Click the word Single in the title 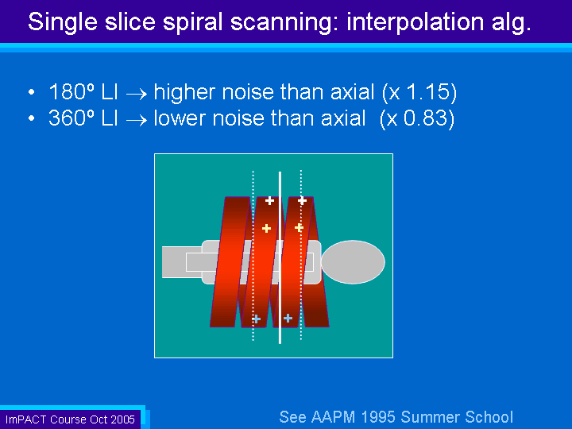(63, 22)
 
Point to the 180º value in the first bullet (71, 91)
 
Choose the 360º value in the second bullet (71, 118)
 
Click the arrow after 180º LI (136, 95)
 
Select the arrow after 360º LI (136, 121)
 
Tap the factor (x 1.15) (419, 92)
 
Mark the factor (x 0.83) (417, 118)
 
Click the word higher (185, 93)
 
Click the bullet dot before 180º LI (32, 92)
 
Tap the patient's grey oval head (353, 261)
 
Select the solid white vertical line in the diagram (280, 257)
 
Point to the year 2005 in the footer (123, 419)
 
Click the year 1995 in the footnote (378, 417)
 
